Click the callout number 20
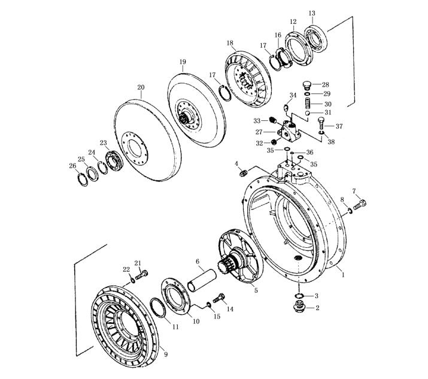click(141, 87)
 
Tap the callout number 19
click(183, 62)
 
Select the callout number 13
click(312, 13)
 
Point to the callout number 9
click(166, 354)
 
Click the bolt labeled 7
click(360, 205)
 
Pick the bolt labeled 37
click(321, 123)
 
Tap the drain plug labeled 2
click(299, 307)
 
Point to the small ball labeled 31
click(307, 113)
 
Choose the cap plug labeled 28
click(307, 85)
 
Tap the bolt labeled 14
click(219, 298)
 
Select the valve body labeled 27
click(290, 132)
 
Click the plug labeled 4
click(243, 173)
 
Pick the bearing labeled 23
click(114, 162)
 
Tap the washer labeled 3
click(299, 295)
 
